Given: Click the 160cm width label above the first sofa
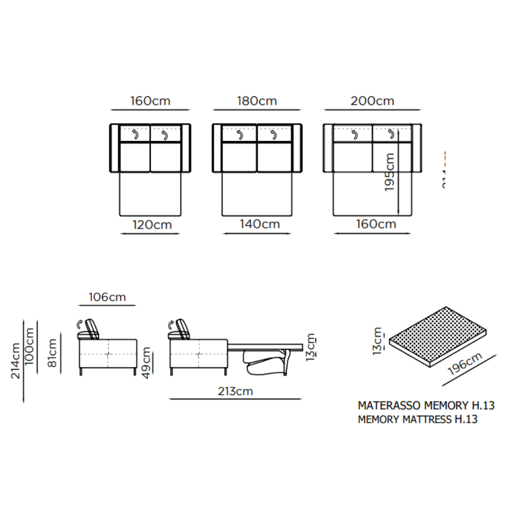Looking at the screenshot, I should [x=150, y=101].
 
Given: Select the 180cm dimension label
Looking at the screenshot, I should [x=256, y=101].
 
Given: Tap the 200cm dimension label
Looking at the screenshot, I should [x=372, y=101].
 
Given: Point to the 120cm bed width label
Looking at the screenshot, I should [x=151, y=225].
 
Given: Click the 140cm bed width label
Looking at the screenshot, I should [x=259, y=225].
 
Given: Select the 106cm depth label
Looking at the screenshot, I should [x=107, y=297].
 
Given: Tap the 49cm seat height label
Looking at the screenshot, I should [x=147, y=363].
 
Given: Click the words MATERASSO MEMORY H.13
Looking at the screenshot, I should [x=426, y=406].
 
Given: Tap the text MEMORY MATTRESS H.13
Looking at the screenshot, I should [x=417, y=419].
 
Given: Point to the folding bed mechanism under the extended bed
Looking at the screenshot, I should [x=268, y=360].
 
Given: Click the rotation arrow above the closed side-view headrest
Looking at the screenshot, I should [x=79, y=324].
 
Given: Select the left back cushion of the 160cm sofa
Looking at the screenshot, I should [x=135, y=134].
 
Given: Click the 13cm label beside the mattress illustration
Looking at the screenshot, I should [x=379, y=341].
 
